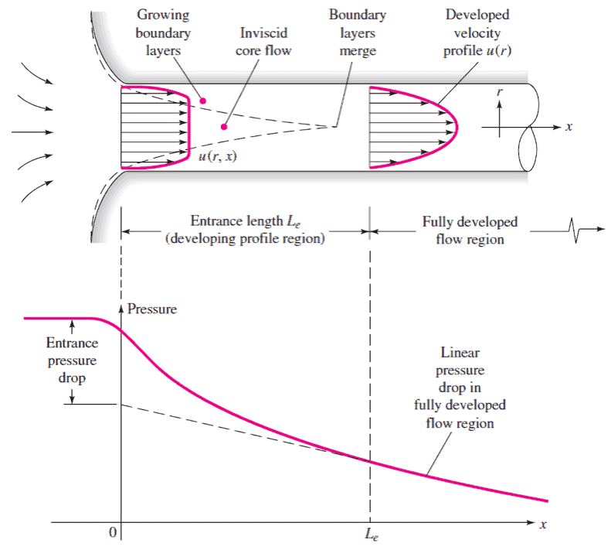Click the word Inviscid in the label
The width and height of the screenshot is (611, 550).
click(x=264, y=32)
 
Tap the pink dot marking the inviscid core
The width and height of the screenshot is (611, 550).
click(x=224, y=126)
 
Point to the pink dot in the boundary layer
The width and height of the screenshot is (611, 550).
click(x=202, y=101)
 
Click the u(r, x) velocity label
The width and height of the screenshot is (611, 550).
click(x=217, y=156)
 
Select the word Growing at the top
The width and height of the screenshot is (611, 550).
click(x=163, y=15)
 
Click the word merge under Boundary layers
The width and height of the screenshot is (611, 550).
click(x=358, y=51)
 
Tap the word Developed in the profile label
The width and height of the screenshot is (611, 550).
click(x=477, y=15)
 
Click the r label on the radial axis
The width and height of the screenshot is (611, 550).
click(x=500, y=93)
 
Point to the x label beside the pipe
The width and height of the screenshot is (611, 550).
click(x=569, y=127)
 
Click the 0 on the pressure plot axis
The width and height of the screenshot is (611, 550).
click(x=113, y=531)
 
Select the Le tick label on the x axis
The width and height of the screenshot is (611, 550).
click(x=372, y=534)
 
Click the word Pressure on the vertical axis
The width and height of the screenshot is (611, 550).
click(x=152, y=309)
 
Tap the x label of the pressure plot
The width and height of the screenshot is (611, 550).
click(x=543, y=524)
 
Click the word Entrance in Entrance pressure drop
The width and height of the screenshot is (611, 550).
click(x=72, y=343)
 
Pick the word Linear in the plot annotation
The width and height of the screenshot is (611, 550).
click(x=460, y=353)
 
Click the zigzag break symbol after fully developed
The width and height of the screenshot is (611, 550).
click(x=575, y=231)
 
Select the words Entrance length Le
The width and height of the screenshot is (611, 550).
click(x=246, y=221)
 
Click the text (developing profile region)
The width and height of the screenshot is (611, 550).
click(x=245, y=238)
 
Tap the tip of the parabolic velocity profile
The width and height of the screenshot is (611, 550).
click(x=457, y=127)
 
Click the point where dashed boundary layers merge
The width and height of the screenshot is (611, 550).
click(x=332, y=126)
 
